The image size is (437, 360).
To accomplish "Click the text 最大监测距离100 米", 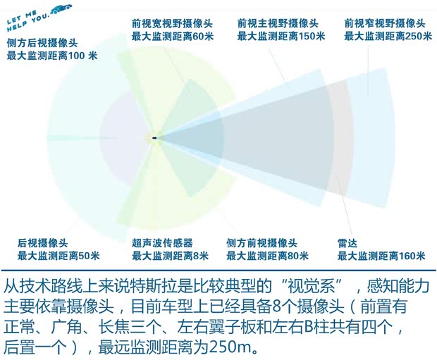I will tap(52, 56).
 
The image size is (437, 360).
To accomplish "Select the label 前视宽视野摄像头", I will tap(172, 23).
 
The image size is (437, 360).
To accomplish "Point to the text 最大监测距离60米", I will tap(172, 36).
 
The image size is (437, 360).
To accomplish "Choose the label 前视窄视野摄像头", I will tap(385, 23).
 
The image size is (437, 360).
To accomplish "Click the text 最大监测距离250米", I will tap(385, 36).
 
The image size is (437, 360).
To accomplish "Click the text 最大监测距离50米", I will tap(59, 256).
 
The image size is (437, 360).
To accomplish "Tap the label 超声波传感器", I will tap(162, 243).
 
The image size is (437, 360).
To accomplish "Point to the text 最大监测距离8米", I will tap(170, 256).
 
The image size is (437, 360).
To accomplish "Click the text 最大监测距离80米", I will tap(267, 256).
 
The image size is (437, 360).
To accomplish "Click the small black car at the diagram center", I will tap(154, 137).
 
